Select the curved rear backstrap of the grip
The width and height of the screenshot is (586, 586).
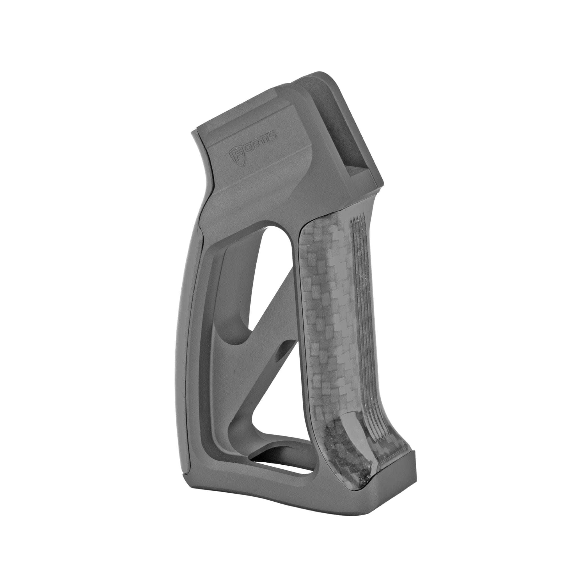[194, 334]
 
